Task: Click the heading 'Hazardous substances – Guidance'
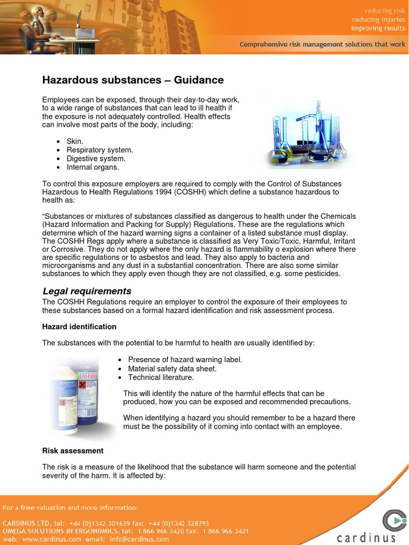pyautogui.click(x=133, y=80)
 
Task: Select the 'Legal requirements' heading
pyautogui.click(x=86, y=291)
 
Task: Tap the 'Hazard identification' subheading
pyautogui.click(x=79, y=326)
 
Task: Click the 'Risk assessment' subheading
pyautogui.click(x=72, y=451)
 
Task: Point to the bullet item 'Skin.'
pyautogui.click(x=75, y=142)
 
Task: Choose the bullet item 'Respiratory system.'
pyautogui.click(x=100, y=150)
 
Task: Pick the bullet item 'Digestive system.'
pyautogui.click(x=96, y=159)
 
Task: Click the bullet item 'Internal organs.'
pyautogui.click(x=93, y=167)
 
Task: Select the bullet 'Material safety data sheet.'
pyautogui.click(x=172, y=369)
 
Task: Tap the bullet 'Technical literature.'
pyautogui.click(x=161, y=377)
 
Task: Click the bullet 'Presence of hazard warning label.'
pyautogui.click(x=185, y=360)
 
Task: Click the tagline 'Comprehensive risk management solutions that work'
pyautogui.click(x=322, y=45)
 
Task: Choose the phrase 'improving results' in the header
pyautogui.click(x=378, y=28)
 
